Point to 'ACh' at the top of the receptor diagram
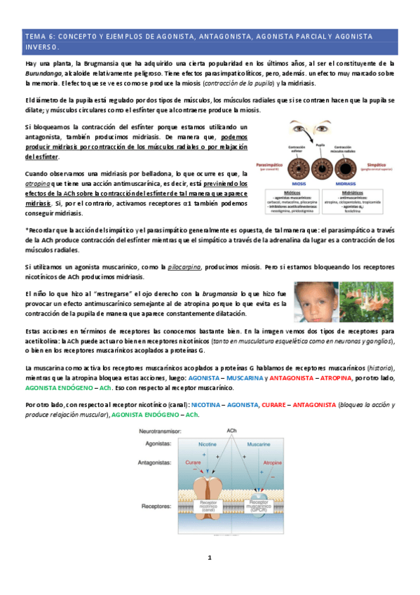(x=231, y=429)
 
